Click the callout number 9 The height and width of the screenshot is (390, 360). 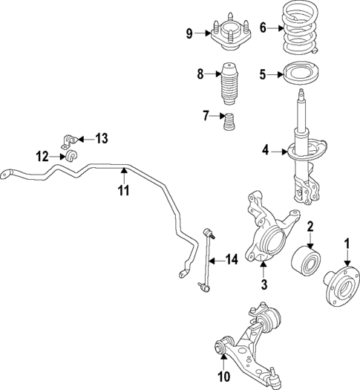189,33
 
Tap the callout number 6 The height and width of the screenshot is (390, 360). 263,28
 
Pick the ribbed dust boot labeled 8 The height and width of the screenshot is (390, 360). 229,85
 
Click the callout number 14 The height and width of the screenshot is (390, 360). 232,259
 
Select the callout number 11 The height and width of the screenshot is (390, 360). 123,190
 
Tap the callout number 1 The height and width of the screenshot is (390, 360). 345,241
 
